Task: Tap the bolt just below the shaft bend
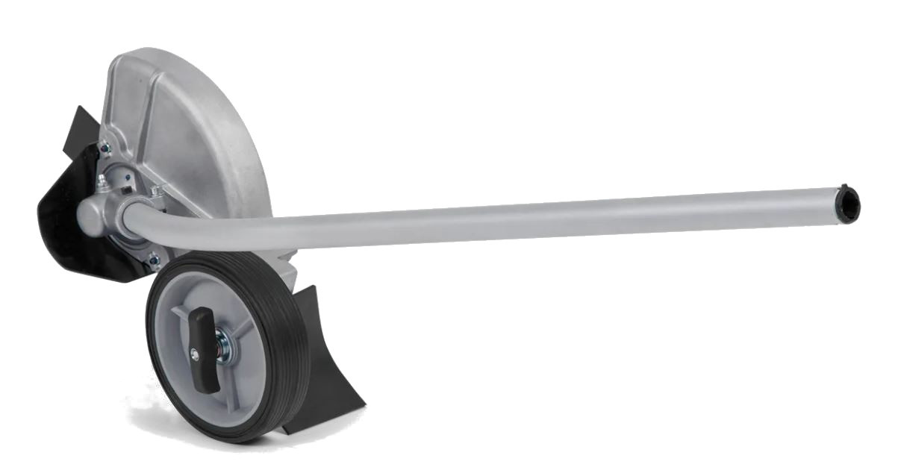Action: click(x=154, y=260)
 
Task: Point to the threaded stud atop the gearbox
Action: click(x=158, y=192)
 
